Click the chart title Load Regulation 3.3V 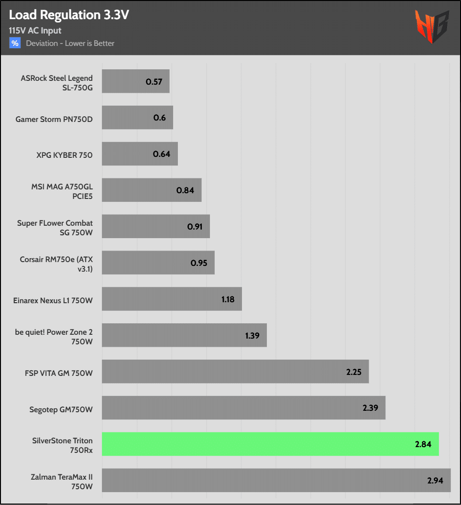69,15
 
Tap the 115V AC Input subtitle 35,31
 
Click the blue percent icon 15,43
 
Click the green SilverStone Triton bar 270,444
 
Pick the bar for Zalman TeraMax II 276,480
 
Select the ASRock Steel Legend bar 136,81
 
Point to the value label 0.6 160,118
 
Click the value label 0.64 162,154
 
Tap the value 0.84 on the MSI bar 185,190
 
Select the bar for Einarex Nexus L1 172,299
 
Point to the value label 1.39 252,335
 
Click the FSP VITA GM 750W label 59,372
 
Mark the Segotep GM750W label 61,408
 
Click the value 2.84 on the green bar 423,444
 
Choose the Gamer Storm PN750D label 54,118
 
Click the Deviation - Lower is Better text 70,44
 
